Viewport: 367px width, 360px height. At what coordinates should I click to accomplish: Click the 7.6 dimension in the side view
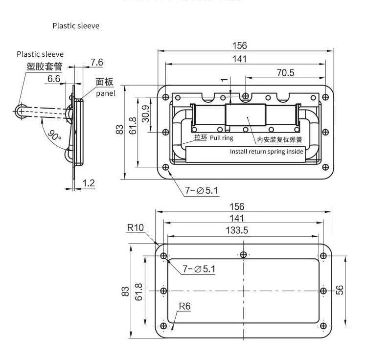coord(96,62)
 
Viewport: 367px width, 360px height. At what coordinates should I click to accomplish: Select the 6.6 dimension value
coord(54,78)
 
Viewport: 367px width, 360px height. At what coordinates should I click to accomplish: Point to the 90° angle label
coord(54,134)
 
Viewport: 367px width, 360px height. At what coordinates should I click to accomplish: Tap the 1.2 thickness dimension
coord(88,183)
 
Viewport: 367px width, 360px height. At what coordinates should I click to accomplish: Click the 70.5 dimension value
coord(285,72)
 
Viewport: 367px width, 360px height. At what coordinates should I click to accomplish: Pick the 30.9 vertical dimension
coord(145,114)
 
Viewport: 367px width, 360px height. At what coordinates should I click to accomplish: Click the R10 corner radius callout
coord(135,227)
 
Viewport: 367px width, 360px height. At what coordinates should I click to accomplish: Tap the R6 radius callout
coord(184,307)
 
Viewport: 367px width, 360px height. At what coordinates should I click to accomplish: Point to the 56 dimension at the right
coord(341,290)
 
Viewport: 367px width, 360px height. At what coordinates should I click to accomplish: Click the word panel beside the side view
coord(105,93)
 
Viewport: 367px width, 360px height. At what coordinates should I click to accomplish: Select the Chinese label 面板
coord(104,82)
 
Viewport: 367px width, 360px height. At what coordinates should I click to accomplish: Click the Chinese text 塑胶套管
coord(45,67)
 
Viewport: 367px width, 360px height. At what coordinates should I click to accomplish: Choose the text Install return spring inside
coord(267,152)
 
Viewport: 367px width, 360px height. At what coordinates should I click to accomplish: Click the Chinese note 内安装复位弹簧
coord(279,140)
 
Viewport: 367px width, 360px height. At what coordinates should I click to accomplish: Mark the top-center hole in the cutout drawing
coord(244,255)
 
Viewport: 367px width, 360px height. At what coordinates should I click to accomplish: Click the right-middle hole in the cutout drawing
coord(323,291)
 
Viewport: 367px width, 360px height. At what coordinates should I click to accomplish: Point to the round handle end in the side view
coord(20,111)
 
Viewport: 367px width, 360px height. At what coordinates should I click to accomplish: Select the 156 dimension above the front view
coord(240,45)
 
